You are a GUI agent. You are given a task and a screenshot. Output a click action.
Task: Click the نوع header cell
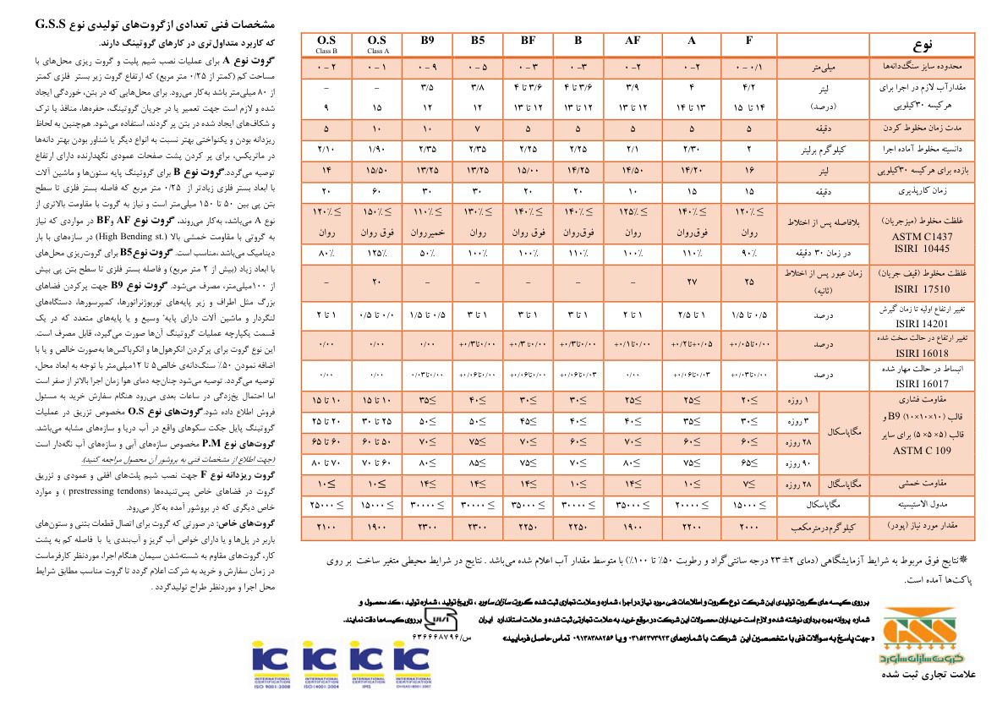[x=922, y=43]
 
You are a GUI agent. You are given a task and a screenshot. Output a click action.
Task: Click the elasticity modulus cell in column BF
[x=529, y=505]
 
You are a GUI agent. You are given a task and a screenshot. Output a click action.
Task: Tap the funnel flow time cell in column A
[x=692, y=282]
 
